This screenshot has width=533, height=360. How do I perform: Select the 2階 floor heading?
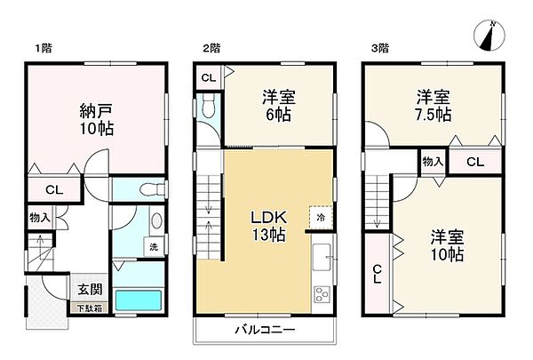click(211, 47)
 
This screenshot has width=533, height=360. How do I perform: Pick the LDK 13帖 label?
click(266, 227)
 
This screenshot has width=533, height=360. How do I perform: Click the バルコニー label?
click(265, 330)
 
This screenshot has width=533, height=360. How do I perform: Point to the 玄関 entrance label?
click(89, 290)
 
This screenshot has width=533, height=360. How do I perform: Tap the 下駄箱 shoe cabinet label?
click(87, 308)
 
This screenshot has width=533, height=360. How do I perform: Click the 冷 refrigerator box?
click(318, 216)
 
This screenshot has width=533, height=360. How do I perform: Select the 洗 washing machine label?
click(154, 246)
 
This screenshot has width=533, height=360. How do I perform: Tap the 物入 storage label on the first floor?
click(38, 217)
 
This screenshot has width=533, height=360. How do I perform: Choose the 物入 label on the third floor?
click(433, 162)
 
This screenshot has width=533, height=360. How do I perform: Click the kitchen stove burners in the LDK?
click(322, 292)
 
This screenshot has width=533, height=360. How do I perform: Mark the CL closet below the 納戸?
click(54, 188)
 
